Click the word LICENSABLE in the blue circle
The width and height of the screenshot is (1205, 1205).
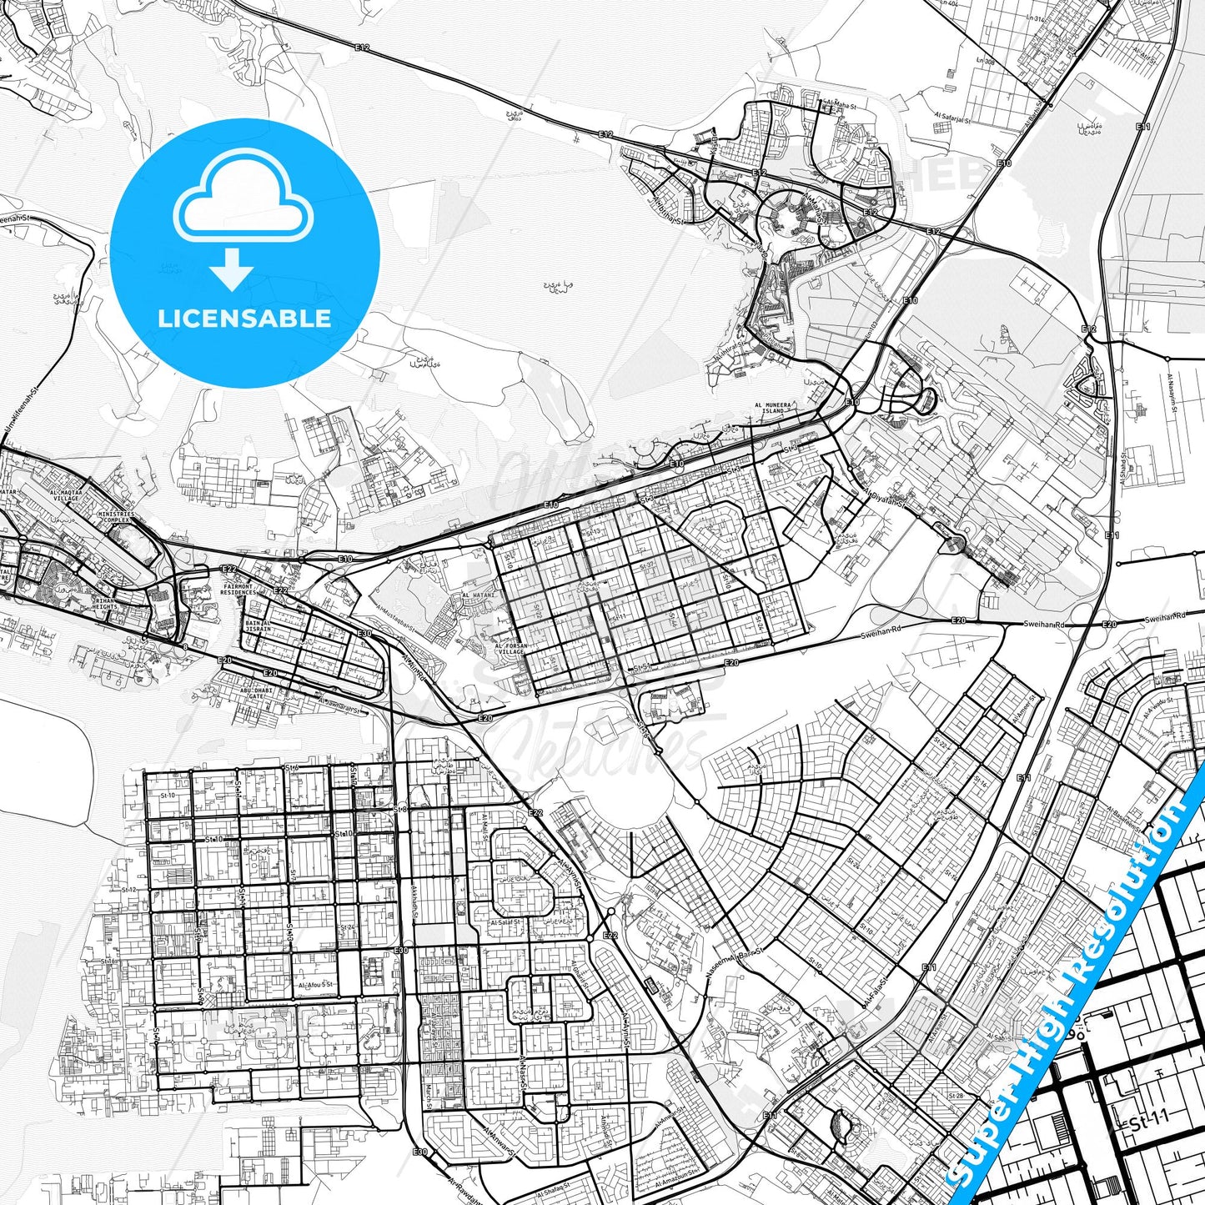[x=245, y=318]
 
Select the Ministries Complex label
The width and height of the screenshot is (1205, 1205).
[x=116, y=517]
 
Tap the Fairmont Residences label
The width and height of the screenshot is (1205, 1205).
[x=238, y=589]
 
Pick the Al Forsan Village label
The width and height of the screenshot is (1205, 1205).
[x=511, y=649]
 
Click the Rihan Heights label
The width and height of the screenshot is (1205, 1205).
[x=105, y=603]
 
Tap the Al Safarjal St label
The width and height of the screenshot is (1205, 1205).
[x=952, y=119]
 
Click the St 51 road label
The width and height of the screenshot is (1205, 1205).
[x=640, y=668]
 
